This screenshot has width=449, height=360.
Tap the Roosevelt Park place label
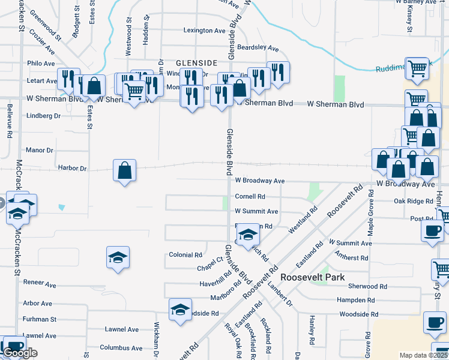pyautogui.click(x=312, y=277)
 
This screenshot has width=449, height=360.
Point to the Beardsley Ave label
pyautogui.click(x=258, y=47)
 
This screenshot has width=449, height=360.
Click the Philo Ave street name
pyautogui.click(x=41, y=63)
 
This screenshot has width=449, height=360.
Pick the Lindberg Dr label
pyautogui.click(x=44, y=116)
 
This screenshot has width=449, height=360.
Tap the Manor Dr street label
pyautogui.click(x=40, y=150)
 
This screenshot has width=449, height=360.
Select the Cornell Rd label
pyautogui.click(x=250, y=196)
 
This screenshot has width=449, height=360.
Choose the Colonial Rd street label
pyautogui.click(x=185, y=255)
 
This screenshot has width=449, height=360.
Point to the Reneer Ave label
pyautogui.click(x=40, y=283)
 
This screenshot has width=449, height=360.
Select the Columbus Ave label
pyautogui.click(x=121, y=347)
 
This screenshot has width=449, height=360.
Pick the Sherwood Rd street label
pyautogui.click(x=360, y=287)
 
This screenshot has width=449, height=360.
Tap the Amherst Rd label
pyautogui.click(x=351, y=258)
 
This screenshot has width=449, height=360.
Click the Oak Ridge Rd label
pyautogui.click(x=413, y=201)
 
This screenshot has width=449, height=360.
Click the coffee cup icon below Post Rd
pyautogui.click(x=432, y=231)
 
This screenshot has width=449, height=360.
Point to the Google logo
pyautogui.click(x=20, y=353)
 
